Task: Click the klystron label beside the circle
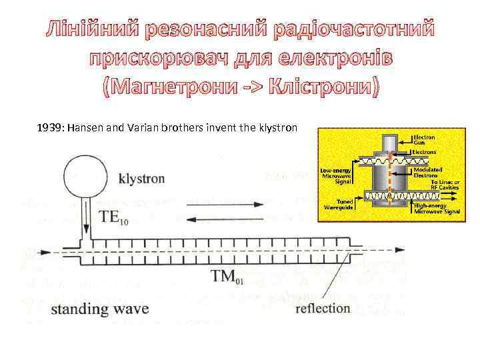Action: click(141, 179)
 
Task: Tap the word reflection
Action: click(323, 308)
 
